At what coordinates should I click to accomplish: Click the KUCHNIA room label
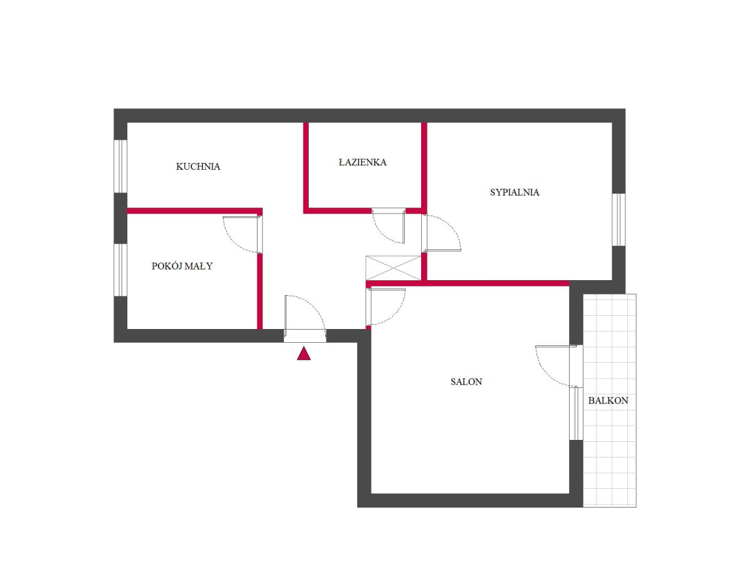(x=197, y=167)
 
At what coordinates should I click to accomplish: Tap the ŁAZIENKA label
(x=362, y=162)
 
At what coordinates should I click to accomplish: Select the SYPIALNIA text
(x=514, y=192)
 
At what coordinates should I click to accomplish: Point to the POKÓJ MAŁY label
(x=182, y=266)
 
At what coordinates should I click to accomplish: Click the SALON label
(x=466, y=382)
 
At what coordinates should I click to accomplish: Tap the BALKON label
(x=608, y=400)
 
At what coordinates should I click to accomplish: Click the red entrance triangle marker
(x=303, y=353)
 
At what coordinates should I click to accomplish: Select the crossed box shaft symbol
(x=393, y=268)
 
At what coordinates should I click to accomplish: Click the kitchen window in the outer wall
(x=120, y=166)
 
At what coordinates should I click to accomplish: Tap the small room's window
(x=120, y=270)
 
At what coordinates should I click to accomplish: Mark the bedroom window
(x=619, y=219)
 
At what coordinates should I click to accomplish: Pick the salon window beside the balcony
(x=576, y=414)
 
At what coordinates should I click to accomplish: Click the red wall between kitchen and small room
(x=195, y=211)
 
